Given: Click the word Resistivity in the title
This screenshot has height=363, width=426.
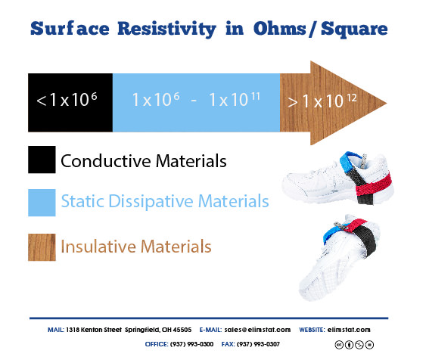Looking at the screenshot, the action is click(166, 29).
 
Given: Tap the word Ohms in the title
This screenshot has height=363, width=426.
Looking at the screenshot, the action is click(280, 28).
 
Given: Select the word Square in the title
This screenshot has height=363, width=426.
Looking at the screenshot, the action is click(354, 29).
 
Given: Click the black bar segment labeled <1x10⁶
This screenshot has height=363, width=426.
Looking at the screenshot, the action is click(70, 103).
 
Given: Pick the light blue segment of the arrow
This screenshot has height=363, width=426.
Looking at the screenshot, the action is click(196, 103).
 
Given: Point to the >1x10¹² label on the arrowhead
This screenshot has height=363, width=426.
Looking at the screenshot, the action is click(322, 101).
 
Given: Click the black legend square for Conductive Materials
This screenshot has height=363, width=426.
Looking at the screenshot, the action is click(42, 160).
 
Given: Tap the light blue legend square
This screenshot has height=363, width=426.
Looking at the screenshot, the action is click(42, 203).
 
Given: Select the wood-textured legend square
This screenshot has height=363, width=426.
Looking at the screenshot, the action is click(42, 247).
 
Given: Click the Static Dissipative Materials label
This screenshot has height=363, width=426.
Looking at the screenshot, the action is click(165, 201).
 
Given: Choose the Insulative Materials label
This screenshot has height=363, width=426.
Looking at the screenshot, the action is click(136, 247).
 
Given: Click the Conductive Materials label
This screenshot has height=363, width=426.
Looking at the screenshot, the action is click(144, 161).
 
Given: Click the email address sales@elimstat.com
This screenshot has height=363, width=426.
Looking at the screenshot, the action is click(257, 330).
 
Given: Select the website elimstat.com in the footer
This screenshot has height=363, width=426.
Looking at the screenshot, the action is click(349, 330).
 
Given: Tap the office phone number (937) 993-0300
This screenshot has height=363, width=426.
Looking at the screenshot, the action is click(191, 344).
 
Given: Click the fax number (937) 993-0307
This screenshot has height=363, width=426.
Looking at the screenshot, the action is click(258, 344).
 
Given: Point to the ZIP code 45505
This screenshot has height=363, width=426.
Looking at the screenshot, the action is click(182, 330).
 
